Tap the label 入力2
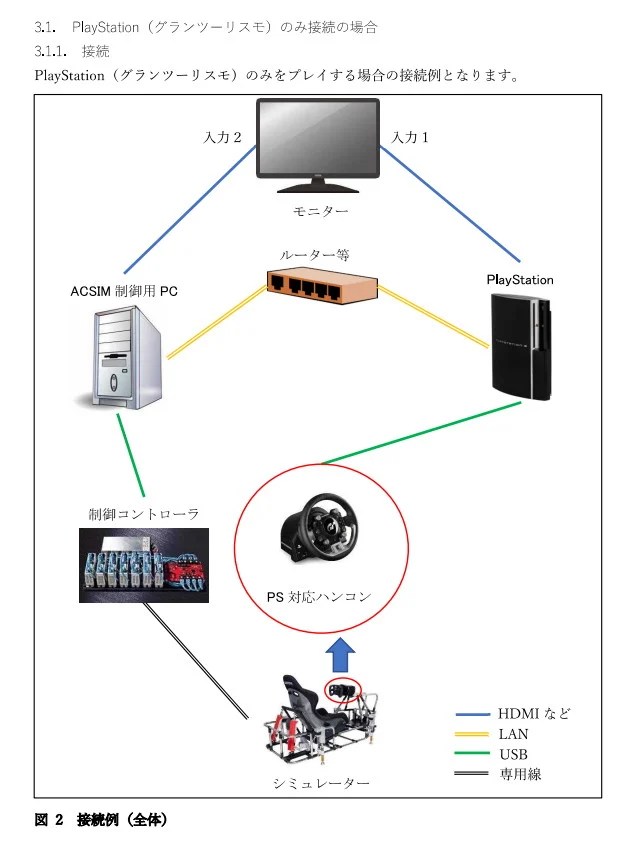(x=223, y=138)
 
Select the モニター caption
(x=320, y=212)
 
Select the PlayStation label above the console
(x=519, y=280)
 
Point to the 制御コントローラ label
(x=143, y=514)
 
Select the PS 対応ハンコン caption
(x=320, y=597)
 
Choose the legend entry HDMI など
(x=534, y=714)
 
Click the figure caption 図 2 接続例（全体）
(x=101, y=820)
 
